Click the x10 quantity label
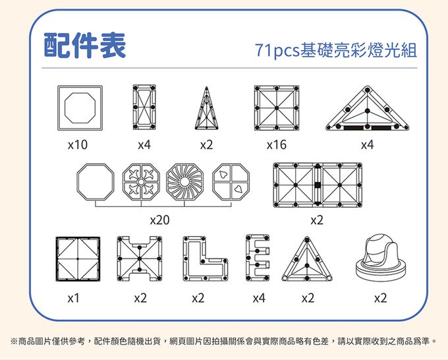coord(78,144)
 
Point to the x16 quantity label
coord(276,144)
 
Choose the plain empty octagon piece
coord(96,182)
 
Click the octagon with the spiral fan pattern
coord(185,182)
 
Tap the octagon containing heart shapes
coord(231,182)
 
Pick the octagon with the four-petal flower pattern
coord(141,182)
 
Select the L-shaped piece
coord(205,259)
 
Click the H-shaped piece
coord(140,259)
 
